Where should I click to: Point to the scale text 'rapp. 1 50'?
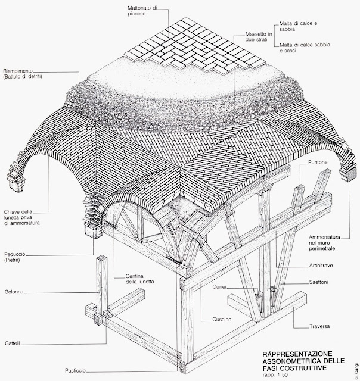(275, 374)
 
